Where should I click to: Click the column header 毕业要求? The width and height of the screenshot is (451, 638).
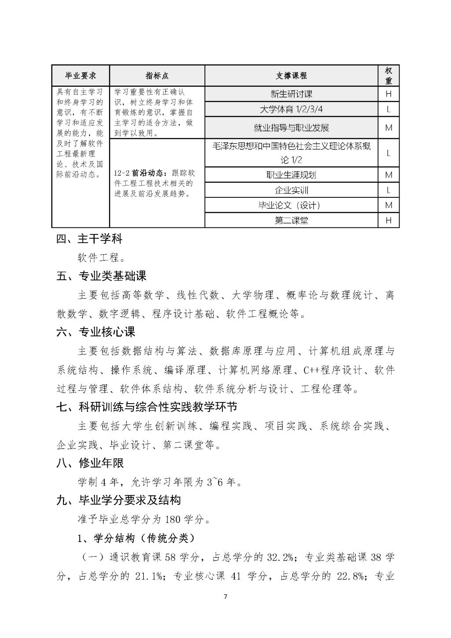click(81, 75)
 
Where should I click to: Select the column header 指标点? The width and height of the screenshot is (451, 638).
click(157, 75)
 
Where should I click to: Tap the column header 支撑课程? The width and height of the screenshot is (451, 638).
click(291, 75)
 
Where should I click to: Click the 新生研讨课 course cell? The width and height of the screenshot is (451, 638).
click(291, 94)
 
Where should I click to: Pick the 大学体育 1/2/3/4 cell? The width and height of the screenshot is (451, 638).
click(291, 109)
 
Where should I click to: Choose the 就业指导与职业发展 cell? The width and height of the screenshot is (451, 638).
click(291, 128)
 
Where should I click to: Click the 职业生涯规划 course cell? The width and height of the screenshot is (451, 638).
click(291, 175)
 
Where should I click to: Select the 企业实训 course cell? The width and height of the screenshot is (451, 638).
click(291, 190)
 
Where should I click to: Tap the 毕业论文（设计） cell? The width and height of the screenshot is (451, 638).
click(291, 205)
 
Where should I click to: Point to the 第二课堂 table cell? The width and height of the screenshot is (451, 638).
click(291, 220)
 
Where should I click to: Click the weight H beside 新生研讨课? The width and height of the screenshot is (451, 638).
click(388, 94)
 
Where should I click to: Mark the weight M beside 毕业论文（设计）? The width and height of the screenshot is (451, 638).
click(388, 205)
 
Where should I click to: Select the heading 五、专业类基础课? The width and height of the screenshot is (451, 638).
click(101, 276)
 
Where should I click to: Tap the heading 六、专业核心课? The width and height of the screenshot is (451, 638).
click(96, 332)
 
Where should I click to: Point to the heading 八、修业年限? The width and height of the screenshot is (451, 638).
click(90, 463)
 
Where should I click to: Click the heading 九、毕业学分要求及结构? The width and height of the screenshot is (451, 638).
click(118, 501)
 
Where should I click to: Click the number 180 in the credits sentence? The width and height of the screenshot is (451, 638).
click(173, 519)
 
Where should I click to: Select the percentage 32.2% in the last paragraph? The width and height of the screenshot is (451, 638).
click(280, 557)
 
